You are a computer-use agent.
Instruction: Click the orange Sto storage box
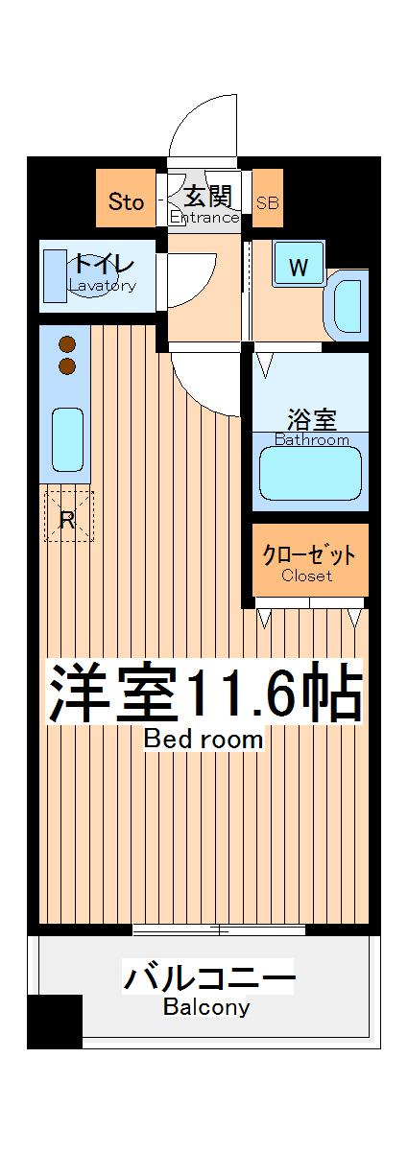pos(126,201)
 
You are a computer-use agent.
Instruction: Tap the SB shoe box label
pos(268,202)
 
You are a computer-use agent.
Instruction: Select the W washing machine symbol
pos(299,268)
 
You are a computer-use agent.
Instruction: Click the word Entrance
pos(204,218)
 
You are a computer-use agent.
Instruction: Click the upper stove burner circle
pos(67,344)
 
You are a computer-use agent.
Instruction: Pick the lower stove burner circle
pos(67,365)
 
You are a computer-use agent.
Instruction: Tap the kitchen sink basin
pos(67,439)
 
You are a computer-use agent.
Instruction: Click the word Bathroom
pos(312,440)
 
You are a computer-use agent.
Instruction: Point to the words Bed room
pos(203,740)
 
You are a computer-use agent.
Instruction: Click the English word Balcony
pos(206,1007)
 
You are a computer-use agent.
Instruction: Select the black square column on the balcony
pos(55,1021)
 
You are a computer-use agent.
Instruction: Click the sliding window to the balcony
pos(219,929)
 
